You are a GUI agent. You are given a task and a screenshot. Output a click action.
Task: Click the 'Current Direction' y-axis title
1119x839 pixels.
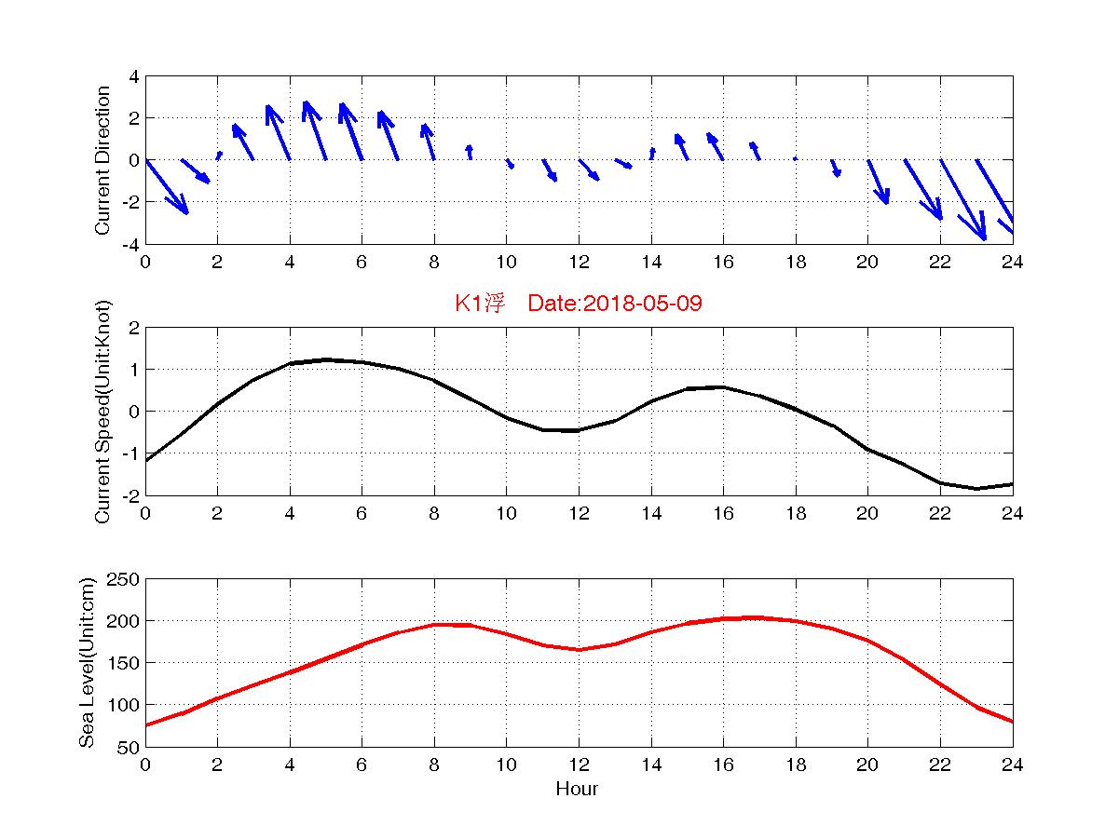tap(102, 160)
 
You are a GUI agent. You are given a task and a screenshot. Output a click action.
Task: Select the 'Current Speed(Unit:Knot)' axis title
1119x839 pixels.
tap(102, 412)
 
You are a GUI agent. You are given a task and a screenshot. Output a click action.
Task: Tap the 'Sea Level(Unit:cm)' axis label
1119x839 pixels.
tap(87, 663)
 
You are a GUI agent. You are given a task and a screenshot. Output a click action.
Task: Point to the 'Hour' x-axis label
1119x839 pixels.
tap(578, 790)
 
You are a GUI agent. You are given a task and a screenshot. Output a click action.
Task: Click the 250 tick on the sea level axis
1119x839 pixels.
tap(127, 579)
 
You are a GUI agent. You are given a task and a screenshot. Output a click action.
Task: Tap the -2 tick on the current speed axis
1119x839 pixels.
tap(132, 495)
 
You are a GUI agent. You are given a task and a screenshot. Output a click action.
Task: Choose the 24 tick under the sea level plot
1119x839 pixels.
tap(1012, 765)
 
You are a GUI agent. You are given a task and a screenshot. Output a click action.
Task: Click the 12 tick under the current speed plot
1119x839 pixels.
tap(579, 513)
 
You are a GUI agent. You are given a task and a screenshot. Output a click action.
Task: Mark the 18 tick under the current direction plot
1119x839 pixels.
tap(795, 262)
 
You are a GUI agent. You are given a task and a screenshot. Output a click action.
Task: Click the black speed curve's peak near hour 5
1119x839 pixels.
tap(326, 359)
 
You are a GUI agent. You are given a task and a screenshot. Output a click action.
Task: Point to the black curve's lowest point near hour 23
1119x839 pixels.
tap(976, 488)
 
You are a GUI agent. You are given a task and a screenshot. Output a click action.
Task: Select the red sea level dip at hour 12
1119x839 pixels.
tap(579, 649)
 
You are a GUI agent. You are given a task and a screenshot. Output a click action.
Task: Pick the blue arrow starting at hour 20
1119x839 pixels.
tap(878, 182)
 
